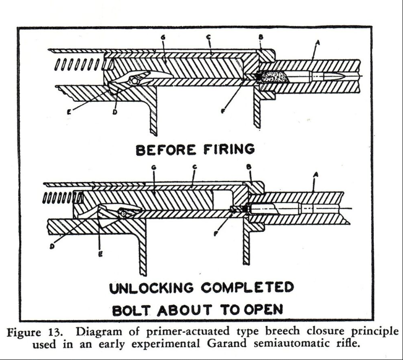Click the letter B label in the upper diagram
(261, 37)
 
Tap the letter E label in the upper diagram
(69, 112)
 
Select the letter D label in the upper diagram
(115, 112)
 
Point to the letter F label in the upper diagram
(223, 111)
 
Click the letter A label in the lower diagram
(316, 175)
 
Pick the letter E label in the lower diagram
(101, 254)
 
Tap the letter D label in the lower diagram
(52, 246)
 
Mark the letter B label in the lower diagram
(248, 167)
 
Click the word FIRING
(229, 149)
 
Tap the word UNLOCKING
(151, 288)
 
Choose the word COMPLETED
(247, 287)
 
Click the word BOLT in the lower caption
(131, 310)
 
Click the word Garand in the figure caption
(226, 344)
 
